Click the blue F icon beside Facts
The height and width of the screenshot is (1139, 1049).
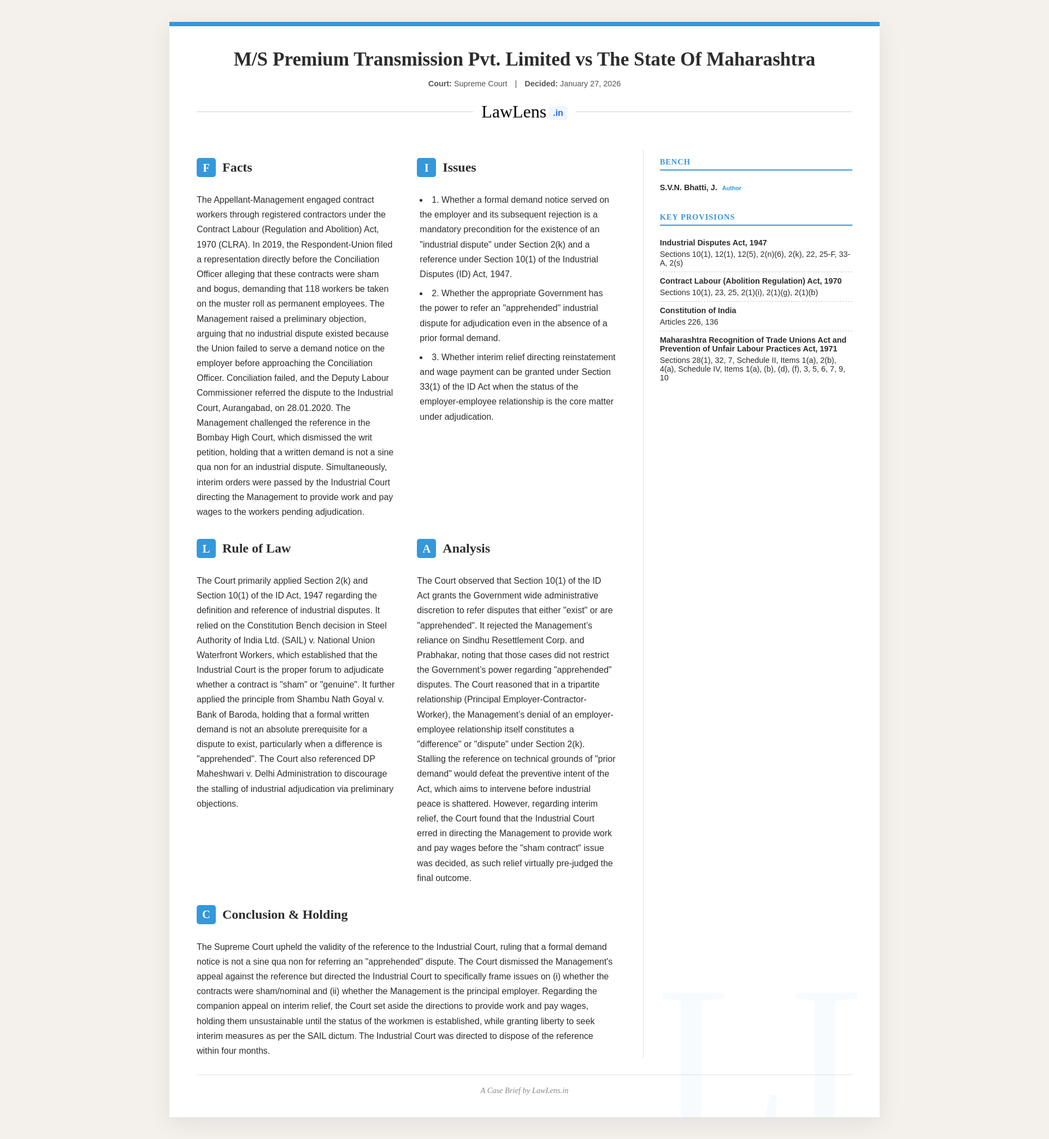tap(206, 167)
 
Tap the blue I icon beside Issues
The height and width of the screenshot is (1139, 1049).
tap(426, 167)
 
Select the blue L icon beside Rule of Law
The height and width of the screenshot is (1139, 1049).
tap(206, 549)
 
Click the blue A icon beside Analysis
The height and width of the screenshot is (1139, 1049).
tap(426, 549)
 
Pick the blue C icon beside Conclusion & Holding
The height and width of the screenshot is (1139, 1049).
tap(206, 915)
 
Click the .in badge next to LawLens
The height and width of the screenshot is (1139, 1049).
tap(558, 113)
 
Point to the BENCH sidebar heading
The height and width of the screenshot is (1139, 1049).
tap(675, 162)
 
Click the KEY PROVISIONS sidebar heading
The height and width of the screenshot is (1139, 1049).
tap(697, 217)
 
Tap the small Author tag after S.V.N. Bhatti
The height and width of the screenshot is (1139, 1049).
tap(731, 188)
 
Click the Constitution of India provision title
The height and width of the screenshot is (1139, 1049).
tap(698, 310)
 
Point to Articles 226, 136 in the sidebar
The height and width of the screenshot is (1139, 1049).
tap(688, 322)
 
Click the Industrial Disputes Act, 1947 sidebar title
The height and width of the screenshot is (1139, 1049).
tap(713, 243)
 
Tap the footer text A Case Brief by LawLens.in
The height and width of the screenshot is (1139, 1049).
tap(524, 1091)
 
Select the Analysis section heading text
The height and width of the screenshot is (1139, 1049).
tap(466, 549)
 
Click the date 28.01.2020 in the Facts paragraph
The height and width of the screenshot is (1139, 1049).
tap(319, 408)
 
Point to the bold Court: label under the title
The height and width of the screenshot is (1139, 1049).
tap(439, 84)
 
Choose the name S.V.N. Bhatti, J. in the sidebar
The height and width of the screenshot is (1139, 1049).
tap(688, 187)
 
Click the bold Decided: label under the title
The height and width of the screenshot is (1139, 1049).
tap(540, 84)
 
